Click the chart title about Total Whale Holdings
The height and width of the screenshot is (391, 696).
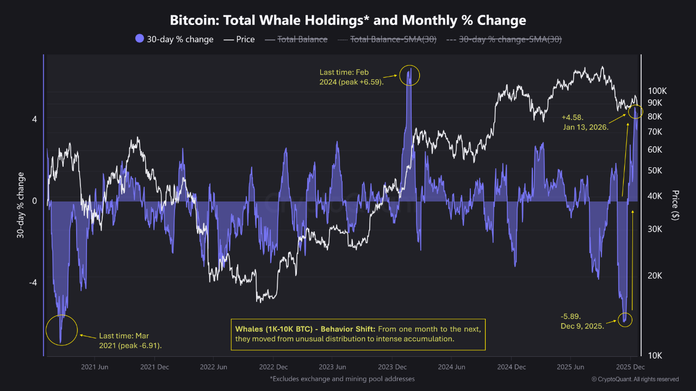pos(348,21)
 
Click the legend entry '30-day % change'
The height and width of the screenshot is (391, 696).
pos(174,39)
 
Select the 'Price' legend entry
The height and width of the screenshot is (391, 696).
pos(239,39)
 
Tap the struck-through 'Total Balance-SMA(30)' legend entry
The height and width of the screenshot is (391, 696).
pos(387,39)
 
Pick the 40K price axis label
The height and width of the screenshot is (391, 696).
pos(655,196)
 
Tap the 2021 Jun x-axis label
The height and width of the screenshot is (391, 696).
pos(95,367)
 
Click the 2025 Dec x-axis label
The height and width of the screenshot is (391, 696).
pos(631,367)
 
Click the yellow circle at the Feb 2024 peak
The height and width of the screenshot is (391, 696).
pos(409,75)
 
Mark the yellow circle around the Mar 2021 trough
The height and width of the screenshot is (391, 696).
pos(61,330)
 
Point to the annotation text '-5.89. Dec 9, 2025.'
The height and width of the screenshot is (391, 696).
pos(582,321)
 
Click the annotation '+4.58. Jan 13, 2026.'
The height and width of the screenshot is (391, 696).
pos(585,122)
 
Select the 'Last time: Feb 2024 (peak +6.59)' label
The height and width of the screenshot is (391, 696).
pos(352,77)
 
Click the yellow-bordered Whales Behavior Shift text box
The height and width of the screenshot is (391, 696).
pos(358,334)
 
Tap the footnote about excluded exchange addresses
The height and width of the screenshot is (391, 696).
pos(342,379)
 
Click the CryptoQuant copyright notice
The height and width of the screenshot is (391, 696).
pos(635,379)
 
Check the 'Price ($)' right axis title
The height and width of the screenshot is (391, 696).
pos(675,205)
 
